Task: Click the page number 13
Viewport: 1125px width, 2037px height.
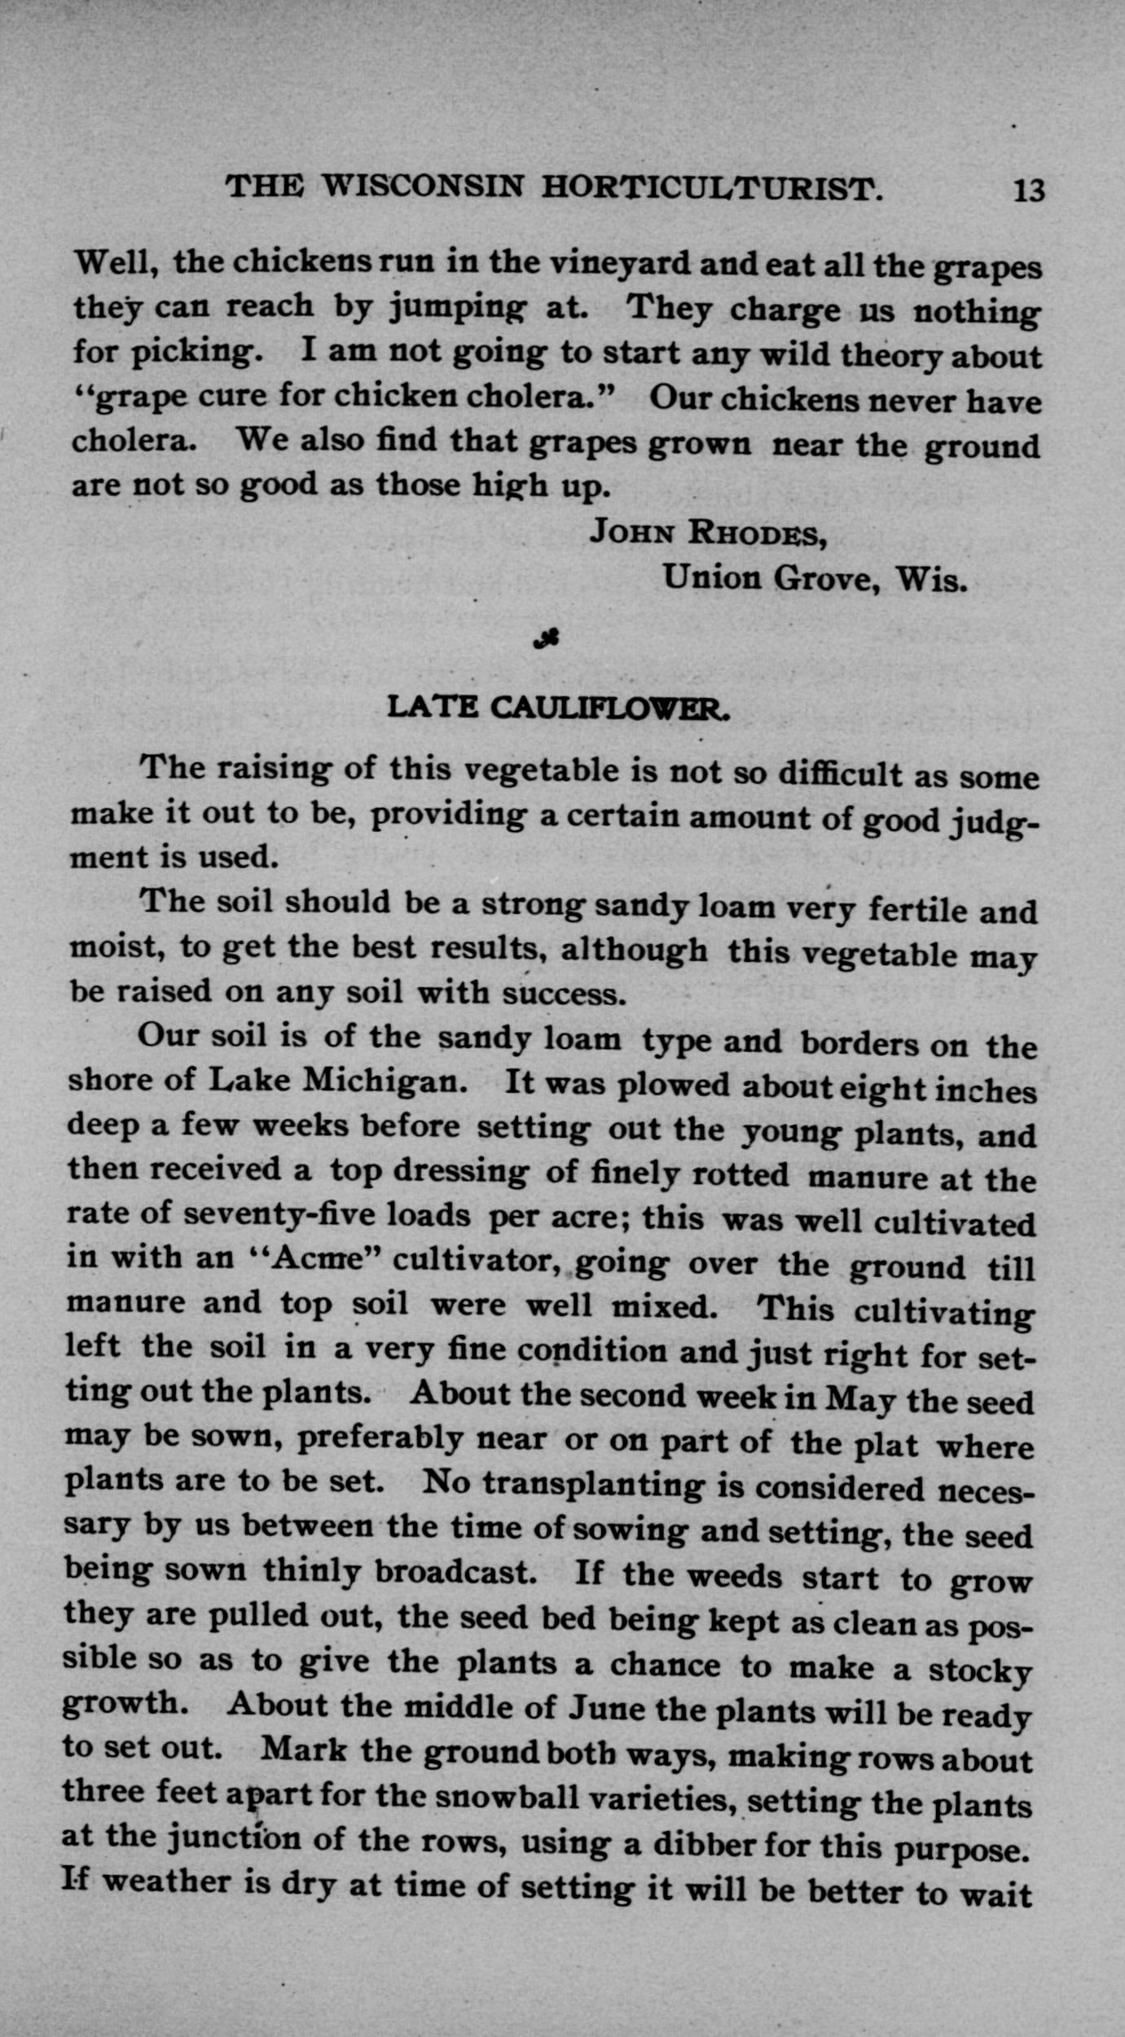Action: pos(1028,191)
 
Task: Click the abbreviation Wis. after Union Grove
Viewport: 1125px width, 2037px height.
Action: pos(932,580)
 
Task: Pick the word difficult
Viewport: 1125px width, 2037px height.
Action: pos(839,772)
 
